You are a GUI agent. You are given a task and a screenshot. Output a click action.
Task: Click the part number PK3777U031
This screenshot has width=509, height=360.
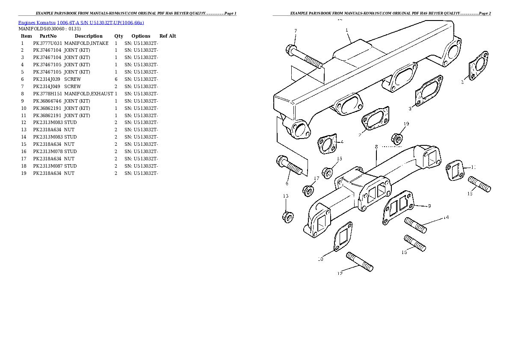coord(47,43)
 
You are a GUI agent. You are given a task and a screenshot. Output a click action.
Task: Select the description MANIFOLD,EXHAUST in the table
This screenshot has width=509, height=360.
coord(89,94)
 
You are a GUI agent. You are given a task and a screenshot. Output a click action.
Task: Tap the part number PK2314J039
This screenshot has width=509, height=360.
coord(47,79)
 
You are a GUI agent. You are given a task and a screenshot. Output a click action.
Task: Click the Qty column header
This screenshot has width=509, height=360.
coord(118,36)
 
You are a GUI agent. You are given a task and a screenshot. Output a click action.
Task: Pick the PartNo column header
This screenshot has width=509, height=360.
coord(48,36)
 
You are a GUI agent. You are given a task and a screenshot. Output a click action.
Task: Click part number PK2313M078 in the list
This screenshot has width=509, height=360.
coord(47,151)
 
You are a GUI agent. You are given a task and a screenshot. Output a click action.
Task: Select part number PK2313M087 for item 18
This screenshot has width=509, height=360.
coord(47,166)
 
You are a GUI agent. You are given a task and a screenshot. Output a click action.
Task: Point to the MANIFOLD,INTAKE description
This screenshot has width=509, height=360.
coord(86,43)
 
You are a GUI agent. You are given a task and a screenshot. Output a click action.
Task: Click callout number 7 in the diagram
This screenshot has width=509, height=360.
coord(295,31)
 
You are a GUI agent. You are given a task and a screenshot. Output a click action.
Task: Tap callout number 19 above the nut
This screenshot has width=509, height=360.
coord(406,124)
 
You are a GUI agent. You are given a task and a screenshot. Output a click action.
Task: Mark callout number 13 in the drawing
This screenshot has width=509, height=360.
coord(285,196)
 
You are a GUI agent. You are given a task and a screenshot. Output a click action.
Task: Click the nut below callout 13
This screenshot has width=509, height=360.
coord(287,216)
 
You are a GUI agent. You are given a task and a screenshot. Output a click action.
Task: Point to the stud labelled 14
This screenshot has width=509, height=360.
coord(415,225)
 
